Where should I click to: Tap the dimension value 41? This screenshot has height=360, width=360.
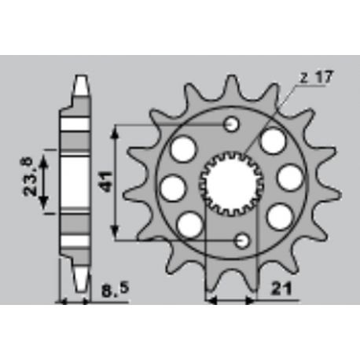tap(105, 182)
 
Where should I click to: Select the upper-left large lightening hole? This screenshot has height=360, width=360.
tap(183, 149)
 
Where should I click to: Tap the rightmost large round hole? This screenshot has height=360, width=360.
tap(289, 178)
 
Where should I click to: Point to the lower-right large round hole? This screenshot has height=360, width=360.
tap(277, 215)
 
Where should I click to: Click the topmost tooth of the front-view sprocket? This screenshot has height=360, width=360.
tap(231, 83)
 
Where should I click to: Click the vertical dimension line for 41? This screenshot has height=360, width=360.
tap(116, 182)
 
